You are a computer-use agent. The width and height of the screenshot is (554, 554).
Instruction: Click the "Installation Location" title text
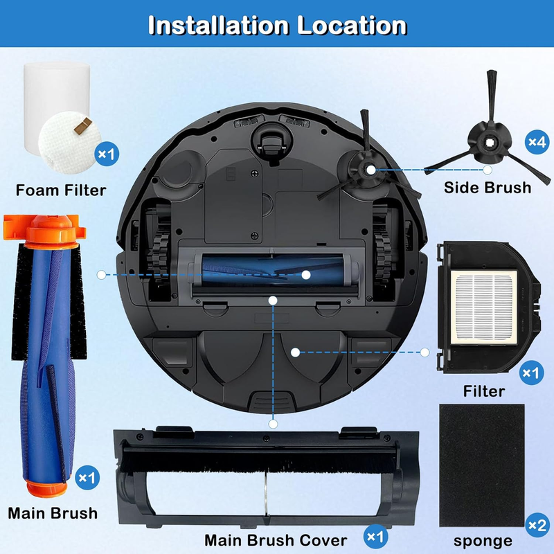point(278,25)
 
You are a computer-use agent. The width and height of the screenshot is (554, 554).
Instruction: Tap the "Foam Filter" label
point(61,190)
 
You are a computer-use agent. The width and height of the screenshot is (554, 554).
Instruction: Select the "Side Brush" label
point(488,187)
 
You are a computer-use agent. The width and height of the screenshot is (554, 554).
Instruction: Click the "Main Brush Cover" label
point(276,540)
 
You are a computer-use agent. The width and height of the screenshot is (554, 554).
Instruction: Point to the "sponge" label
point(483,541)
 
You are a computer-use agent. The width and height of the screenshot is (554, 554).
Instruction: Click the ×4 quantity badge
point(537,142)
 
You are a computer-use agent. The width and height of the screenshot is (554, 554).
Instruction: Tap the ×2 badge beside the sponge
point(537,525)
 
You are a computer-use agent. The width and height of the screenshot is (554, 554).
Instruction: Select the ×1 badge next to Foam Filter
point(107,154)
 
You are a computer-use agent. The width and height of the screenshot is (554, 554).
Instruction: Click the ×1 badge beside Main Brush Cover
point(375,537)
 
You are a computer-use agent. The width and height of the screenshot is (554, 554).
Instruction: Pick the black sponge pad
point(481,465)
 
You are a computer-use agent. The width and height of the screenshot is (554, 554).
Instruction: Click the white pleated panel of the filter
point(483,307)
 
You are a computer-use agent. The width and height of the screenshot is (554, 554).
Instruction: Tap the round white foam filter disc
point(70,143)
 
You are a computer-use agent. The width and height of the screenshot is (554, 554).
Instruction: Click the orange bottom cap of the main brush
point(46,488)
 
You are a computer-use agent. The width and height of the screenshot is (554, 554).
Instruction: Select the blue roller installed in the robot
point(272,271)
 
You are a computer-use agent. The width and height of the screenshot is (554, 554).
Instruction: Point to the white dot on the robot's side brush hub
point(370,170)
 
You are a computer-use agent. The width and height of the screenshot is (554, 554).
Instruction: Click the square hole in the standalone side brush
point(489,143)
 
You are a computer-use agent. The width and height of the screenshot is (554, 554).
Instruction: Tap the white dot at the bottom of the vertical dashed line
point(273,424)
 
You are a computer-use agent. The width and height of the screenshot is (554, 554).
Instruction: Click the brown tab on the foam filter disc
point(83,126)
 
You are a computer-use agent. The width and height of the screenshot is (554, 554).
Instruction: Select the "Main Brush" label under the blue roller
point(53,513)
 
